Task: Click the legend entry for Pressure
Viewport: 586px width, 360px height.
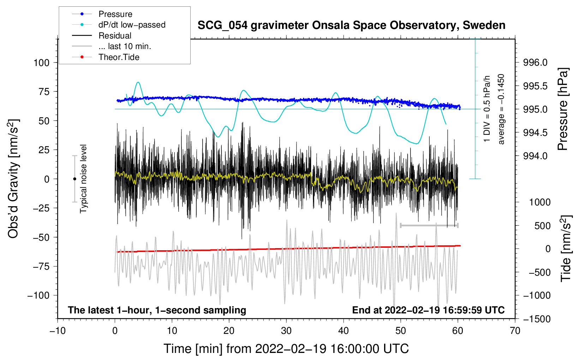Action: (115, 14)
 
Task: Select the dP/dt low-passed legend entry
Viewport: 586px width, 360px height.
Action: (132, 25)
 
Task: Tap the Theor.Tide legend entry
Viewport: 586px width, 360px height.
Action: (119, 57)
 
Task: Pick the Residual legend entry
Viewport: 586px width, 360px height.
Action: (115, 36)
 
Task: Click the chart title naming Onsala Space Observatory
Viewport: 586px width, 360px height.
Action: (351, 25)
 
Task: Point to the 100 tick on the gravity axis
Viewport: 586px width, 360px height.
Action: (41, 63)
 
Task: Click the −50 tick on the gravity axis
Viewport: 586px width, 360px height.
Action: (41, 237)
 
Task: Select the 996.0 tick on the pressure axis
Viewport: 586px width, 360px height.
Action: (535, 63)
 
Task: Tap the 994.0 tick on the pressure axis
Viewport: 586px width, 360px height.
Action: (535, 156)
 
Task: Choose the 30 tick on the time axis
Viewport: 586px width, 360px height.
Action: (286, 331)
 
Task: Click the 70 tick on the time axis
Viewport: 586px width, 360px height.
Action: (515, 331)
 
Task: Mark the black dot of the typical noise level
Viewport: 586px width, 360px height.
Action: (74, 179)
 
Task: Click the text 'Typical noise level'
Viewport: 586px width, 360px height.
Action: (83, 179)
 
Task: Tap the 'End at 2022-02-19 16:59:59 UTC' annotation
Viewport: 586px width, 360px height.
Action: (428, 310)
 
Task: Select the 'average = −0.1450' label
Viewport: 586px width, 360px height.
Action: (501, 109)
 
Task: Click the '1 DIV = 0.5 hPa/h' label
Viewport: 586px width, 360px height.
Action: (487, 109)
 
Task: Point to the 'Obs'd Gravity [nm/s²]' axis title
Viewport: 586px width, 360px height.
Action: (13, 179)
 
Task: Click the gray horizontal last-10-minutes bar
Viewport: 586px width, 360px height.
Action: (429, 225)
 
